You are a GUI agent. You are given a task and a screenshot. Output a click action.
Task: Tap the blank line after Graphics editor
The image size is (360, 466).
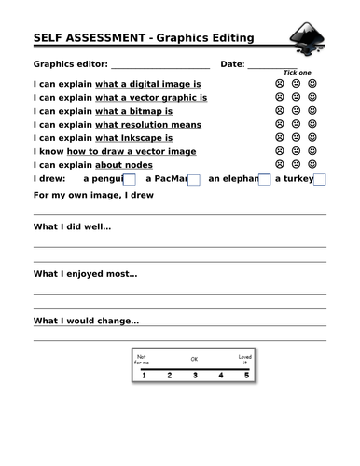pyautogui.click(x=160, y=65)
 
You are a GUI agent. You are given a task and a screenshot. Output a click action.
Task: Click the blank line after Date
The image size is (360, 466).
pyautogui.click(x=272, y=65)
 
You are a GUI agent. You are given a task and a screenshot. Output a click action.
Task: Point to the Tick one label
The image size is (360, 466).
pyautogui.click(x=297, y=73)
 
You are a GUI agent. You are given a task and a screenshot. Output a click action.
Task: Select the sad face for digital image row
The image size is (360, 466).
pyautogui.click(x=279, y=83)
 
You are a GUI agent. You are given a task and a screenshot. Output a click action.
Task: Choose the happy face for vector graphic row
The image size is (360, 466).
pyautogui.click(x=312, y=97)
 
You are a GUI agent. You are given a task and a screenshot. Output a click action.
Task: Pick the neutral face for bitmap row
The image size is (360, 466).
pyautogui.click(x=296, y=110)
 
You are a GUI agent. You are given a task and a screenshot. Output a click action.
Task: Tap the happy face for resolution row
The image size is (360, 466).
pyautogui.click(x=312, y=123)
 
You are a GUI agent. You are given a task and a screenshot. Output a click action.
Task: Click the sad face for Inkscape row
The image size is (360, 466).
pyautogui.click(x=279, y=137)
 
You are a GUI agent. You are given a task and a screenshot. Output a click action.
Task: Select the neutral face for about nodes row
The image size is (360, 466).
pyautogui.click(x=296, y=163)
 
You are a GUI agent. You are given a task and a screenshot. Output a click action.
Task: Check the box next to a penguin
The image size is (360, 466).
pyautogui.click(x=130, y=179)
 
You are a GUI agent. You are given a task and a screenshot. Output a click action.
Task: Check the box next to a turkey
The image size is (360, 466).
pyautogui.click(x=319, y=179)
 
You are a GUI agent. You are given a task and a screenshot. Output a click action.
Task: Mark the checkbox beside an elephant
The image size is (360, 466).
pyautogui.click(x=264, y=179)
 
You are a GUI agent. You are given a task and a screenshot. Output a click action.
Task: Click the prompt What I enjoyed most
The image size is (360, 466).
pyautogui.click(x=85, y=274)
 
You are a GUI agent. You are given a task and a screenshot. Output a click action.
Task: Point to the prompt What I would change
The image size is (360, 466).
pyautogui.click(x=86, y=322)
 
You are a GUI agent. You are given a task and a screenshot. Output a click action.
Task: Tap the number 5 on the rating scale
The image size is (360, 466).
pyautogui.click(x=246, y=376)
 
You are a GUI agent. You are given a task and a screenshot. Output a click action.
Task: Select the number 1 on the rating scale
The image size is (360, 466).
pyautogui.click(x=143, y=376)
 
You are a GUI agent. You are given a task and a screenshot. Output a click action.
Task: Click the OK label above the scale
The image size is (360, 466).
pyautogui.click(x=195, y=359)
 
